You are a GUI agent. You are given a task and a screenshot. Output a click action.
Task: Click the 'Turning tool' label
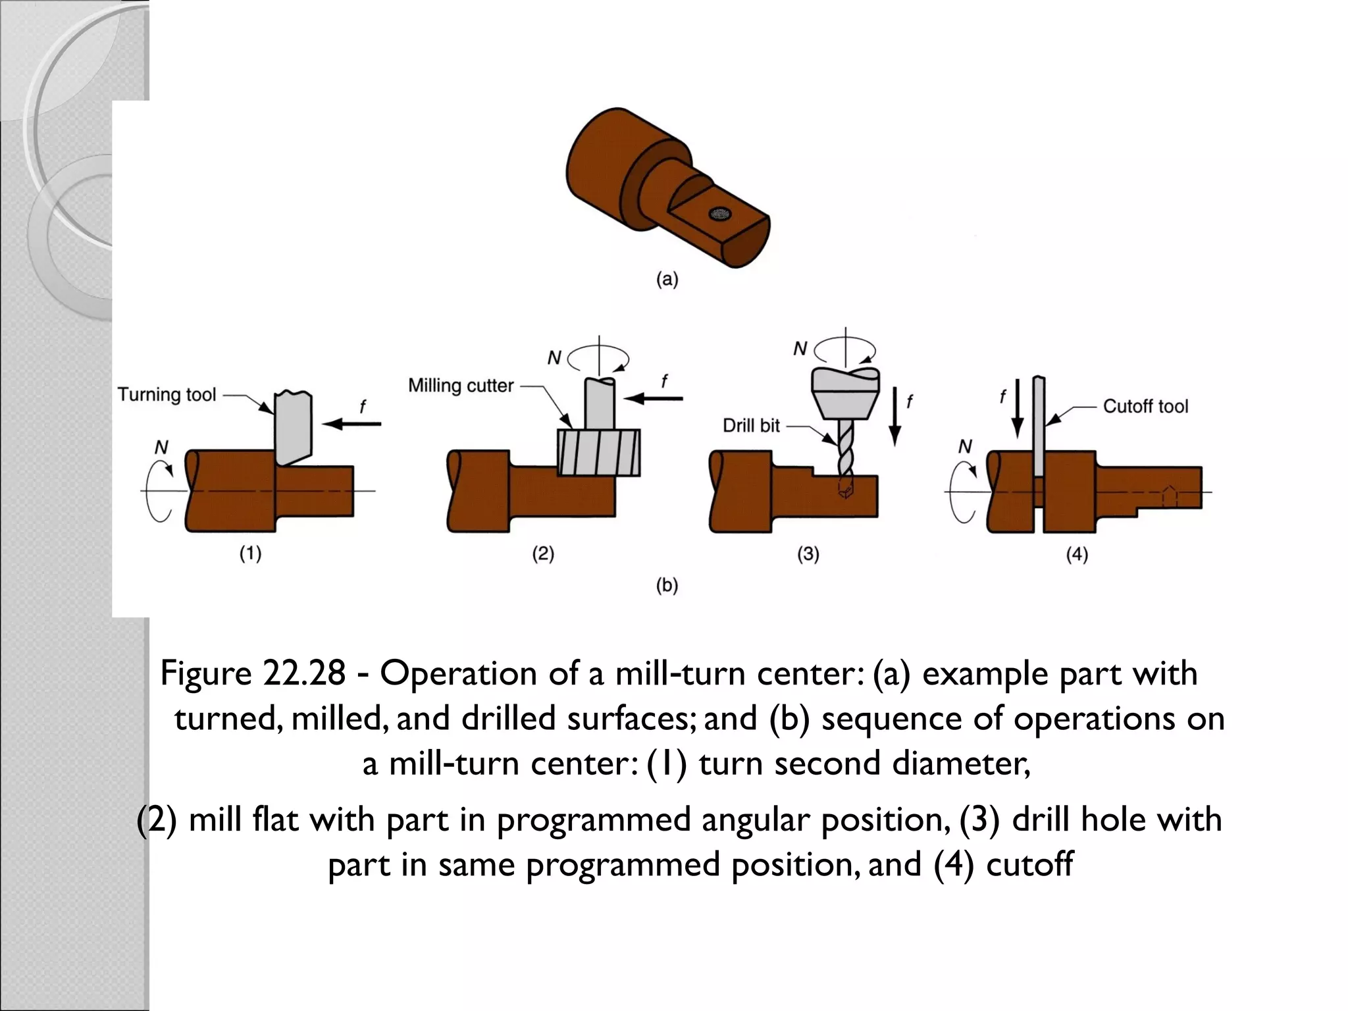coord(167,395)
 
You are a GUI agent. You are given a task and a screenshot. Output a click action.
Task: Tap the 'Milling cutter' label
coord(461,386)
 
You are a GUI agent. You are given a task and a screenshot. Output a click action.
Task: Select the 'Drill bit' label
coord(751,426)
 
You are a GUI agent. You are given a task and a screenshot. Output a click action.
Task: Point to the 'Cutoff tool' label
coord(1145,406)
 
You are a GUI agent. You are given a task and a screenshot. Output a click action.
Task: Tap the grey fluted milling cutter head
coord(598,452)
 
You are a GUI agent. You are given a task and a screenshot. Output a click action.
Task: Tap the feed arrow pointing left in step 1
coord(352,424)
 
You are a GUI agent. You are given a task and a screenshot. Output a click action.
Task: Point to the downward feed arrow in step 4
coord(1017,408)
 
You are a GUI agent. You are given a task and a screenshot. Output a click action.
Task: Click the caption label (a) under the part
coord(667,280)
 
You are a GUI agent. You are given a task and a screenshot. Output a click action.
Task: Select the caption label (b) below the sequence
coord(667,585)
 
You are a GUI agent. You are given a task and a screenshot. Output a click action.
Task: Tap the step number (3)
coord(808,554)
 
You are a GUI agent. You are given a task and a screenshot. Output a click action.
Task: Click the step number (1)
coord(250,554)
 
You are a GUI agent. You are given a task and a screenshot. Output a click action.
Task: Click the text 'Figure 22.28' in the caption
coord(253,673)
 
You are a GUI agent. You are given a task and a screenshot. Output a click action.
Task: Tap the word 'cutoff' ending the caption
coord(1029,864)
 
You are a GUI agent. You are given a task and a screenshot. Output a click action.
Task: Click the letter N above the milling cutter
coord(554,358)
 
